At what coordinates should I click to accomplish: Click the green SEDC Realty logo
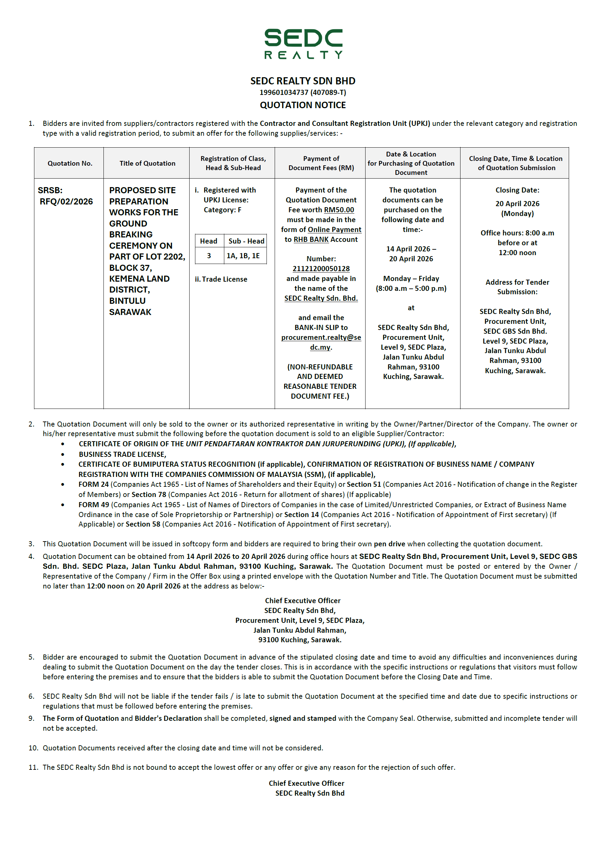(x=303, y=44)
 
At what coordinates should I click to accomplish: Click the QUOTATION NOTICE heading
(x=303, y=105)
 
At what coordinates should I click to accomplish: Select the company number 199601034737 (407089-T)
(x=303, y=93)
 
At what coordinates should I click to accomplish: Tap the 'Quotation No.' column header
(x=70, y=163)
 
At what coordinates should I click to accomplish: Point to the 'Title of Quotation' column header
(x=147, y=163)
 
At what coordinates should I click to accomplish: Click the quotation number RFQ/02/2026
(x=66, y=202)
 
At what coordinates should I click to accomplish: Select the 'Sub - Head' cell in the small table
(x=246, y=241)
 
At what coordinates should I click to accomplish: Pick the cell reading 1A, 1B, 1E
(x=243, y=256)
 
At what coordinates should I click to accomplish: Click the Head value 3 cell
(x=209, y=256)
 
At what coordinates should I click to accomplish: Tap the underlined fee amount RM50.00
(x=339, y=210)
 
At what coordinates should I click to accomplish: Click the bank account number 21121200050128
(x=321, y=269)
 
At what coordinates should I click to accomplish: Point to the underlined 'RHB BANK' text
(x=311, y=239)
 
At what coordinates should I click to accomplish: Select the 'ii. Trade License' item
(x=221, y=279)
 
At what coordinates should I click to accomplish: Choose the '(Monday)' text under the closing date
(x=517, y=214)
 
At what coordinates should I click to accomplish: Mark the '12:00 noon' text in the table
(x=517, y=253)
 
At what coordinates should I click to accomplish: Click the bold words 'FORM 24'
(x=93, y=484)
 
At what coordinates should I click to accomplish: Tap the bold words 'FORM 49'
(x=94, y=505)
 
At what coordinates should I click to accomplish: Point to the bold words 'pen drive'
(x=389, y=544)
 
